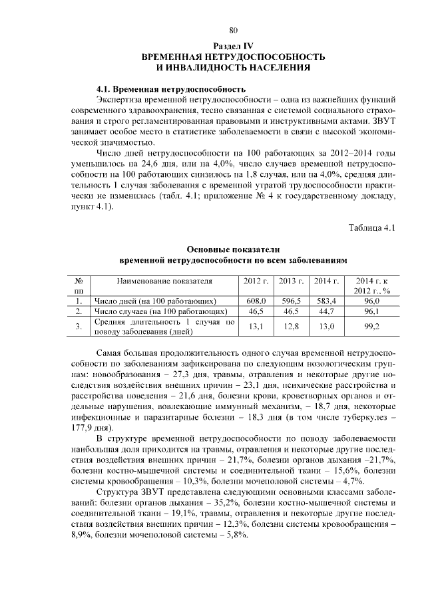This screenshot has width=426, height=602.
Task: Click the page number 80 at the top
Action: [234, 30]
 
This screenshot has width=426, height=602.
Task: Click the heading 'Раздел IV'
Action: [233, 45]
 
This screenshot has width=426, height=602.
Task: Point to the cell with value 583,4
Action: [326, 301]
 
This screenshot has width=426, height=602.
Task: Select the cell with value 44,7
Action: [326, 311]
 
